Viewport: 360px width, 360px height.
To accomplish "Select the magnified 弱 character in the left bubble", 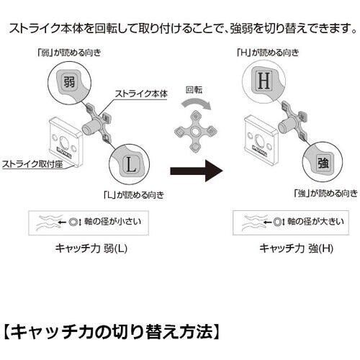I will (69, 81).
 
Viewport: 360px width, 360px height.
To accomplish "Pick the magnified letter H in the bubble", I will (264, 80).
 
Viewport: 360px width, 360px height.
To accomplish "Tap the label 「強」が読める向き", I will (323, 192).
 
